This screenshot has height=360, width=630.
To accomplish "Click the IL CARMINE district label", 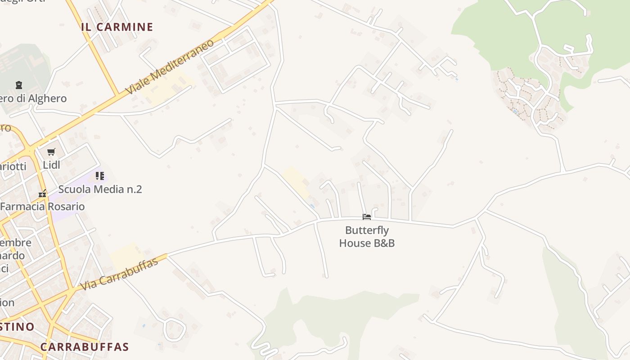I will (117, 27).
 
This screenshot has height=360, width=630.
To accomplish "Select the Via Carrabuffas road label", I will (119, 274).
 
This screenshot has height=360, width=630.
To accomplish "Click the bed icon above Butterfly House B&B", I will (367, 217).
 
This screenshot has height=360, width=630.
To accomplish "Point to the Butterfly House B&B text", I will (367, 237).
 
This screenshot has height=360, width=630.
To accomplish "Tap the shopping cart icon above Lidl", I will (51, 152).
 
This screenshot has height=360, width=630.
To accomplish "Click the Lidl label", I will (51, 165).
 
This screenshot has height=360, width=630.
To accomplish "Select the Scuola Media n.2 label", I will (100, 189).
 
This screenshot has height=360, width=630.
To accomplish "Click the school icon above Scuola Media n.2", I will (100, 176).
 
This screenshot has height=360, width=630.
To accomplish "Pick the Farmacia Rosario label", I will (42, 207).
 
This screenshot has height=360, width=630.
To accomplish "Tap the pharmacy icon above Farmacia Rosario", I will (42, 194).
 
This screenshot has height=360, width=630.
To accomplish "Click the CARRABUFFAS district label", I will (85, 347).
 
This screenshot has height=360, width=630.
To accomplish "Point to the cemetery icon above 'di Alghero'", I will (19, 85).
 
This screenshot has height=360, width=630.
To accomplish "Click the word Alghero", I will (47, 99).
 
